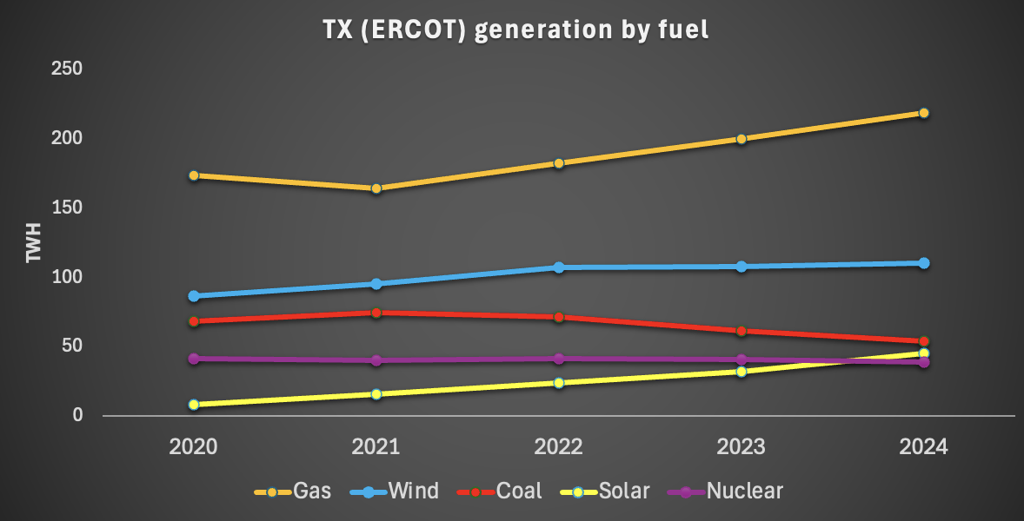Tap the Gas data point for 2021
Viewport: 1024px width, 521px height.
pos(376,188)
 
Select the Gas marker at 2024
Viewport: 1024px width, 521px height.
pos(924,113)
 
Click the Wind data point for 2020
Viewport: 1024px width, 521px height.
pos(194,296)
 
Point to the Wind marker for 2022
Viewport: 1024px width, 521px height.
pos(559,267)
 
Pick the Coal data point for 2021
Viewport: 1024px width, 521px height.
pos(376,313)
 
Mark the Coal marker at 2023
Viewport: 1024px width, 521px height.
pos(741,331)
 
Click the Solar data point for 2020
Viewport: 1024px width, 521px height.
pos(194,405)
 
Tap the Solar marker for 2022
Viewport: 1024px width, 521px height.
pos(559,383)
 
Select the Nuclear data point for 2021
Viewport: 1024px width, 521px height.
pos(376,360)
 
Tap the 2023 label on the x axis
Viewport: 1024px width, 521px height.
pos(741,447)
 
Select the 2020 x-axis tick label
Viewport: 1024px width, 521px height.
pos(194,447)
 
